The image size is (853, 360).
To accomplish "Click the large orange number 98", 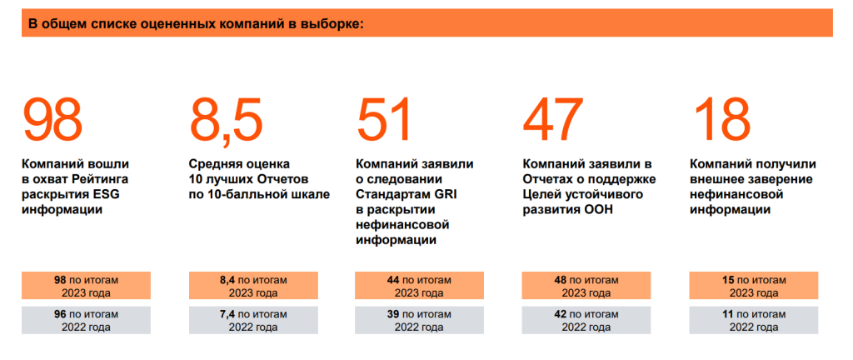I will (52, 120).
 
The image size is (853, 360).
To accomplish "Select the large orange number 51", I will (384, 120).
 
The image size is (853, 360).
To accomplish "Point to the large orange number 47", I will (552, 120).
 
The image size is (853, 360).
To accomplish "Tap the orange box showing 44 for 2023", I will (419, 286).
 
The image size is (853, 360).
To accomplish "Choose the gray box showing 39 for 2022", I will (419, 320).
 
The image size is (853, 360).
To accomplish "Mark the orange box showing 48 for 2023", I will (586, 286).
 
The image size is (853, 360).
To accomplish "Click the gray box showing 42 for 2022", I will (586, 320).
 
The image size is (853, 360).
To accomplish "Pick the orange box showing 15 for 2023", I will (753, 286).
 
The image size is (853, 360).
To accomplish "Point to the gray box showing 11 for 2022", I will (753, 320).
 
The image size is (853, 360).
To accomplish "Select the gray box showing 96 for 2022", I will (86, 320).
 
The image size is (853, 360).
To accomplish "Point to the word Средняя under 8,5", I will (213, 164).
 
